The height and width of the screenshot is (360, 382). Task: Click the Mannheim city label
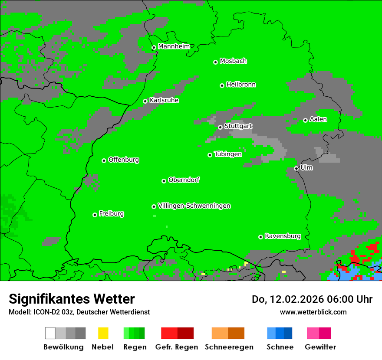click(174, 46)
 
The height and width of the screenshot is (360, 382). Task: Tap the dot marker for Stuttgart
click(220, 127)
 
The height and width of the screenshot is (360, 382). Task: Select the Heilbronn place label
click(241, 85)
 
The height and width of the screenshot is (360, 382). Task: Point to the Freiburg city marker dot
click(95, 215)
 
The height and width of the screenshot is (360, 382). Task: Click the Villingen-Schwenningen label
click(194, 206)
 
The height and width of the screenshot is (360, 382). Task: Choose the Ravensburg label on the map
click(283, 236)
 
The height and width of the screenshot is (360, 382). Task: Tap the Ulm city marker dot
click(296, 168)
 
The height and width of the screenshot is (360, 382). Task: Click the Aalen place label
click(318, 119)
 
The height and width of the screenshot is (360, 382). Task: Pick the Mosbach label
click(233, 61)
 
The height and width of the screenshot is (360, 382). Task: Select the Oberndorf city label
click(184, 180)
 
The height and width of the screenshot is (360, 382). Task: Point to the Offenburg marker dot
click(104, 160)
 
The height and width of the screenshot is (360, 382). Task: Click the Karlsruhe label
click(164, 100)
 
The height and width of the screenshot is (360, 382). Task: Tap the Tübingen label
click(228, 154)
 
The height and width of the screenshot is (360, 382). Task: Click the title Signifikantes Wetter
click(72, 299)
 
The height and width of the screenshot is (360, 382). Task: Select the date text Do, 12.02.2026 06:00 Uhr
click(312, 299)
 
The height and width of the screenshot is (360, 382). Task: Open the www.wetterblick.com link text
click(313, 312)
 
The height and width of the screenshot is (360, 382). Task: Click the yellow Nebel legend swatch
click(103, 333)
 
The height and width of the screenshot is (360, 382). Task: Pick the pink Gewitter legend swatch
click(319, 333)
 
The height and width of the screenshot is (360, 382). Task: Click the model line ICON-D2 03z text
click(79, 312)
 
